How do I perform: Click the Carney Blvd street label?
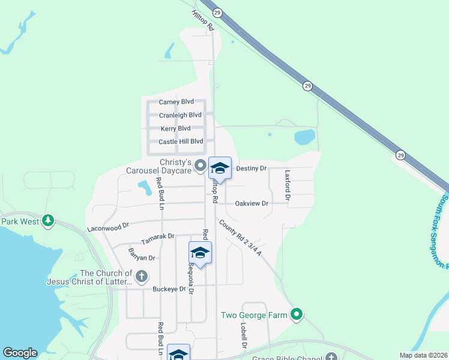pyautogui.click(x=176, y=102)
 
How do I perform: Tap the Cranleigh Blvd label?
pyautogui.click(x=180, y=115)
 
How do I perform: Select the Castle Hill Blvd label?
pyautogui.click(x=181, y=142)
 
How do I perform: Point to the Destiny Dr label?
pyautogui.click(x=251, y=169)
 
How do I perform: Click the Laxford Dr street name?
pyautogui.click(x=288, y=184)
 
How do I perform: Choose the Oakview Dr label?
pyautogui.click(x=252, y=203)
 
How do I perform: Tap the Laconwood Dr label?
pyautogui.click(x=108, y=227)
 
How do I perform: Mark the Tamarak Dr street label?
pyautogui.click(x=157, y=239)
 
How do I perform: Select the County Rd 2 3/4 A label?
pyautogui.click(x=240, y=238)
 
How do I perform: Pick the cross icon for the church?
pyautogui.click(x=141, y=277)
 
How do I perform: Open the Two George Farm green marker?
pyautogui.click(x=296, y=314)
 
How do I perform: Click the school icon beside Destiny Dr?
pyautogui.click(x=220, y=168)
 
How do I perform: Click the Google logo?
pyautogui.click(x=20, y=353)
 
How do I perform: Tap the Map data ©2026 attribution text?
pyautogui.click(x=423, y=355)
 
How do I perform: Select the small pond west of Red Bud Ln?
pyautogui.click(x=144, y=188)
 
